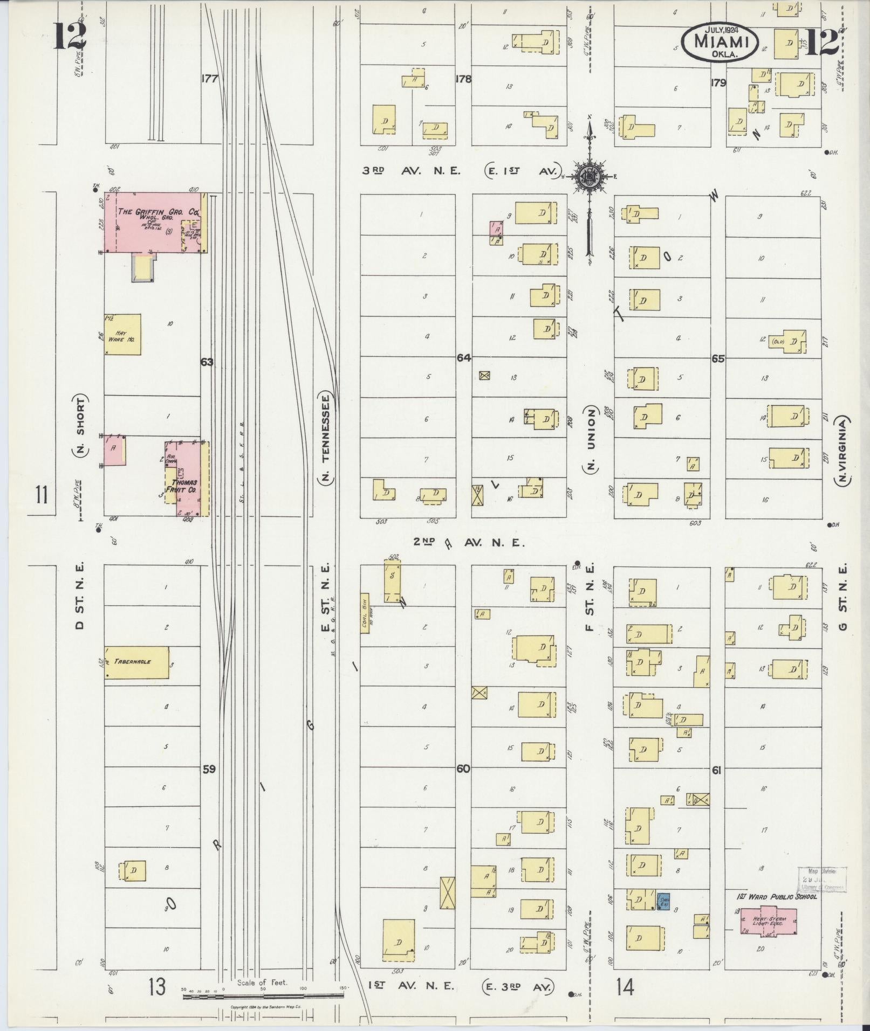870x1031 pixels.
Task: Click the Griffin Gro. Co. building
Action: [x=154, y=222]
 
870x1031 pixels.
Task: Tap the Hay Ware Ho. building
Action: [x=122, y=335]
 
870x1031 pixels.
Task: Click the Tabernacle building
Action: [x=136, y=662]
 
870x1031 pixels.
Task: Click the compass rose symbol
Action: [x=590, y=176]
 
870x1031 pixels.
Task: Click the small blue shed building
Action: [x=663, y=902]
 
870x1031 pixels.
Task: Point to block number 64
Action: [x=463, y=357]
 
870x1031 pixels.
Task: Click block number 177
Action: [x=209, y=79]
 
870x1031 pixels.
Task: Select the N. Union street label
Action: [x=591, y=439]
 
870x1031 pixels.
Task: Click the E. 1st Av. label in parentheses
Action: [x=523, y=170]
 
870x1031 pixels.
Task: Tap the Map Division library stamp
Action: [x=822, y=880]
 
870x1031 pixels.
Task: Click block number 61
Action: [x=716, y=771]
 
